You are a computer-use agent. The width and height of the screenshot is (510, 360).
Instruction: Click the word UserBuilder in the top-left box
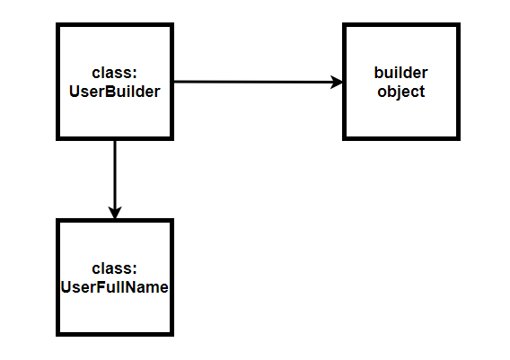point(115,92)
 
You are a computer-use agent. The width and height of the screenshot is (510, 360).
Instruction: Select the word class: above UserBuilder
point(115,73)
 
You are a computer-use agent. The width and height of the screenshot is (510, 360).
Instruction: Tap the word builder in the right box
point(400,73)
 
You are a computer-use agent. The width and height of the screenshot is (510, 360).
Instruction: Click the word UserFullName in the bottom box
point(115,287)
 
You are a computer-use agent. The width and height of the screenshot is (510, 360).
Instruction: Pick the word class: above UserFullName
point(115,268)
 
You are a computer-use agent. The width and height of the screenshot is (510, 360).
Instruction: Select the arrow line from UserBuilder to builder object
point(259,82)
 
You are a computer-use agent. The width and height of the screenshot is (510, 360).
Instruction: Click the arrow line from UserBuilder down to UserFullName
point(115,180)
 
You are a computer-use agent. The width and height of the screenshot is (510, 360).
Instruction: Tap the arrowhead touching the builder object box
point(337,82)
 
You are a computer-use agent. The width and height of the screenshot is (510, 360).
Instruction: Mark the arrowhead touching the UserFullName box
point(115,213)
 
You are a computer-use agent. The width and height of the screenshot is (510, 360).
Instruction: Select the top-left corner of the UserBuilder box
point(57,25)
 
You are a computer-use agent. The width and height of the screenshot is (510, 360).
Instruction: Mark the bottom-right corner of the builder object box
point(459,138)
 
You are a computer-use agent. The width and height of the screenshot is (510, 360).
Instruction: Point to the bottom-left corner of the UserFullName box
point(57,334)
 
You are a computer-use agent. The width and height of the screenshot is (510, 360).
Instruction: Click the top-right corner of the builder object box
point(459,25)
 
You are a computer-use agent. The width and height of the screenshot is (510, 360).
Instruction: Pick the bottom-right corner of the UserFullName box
point(172,334)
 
